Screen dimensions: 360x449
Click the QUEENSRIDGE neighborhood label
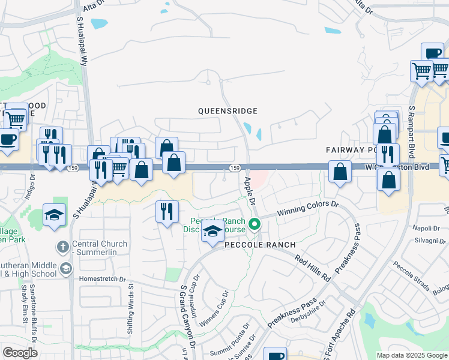click(x=229, y=111)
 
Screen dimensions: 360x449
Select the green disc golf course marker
click(x=255, y=225)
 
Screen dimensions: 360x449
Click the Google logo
click(x=20, y=352)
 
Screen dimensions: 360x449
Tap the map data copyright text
click(x=411, y=355)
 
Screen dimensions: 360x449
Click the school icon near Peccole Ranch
click(x=212, y=232)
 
